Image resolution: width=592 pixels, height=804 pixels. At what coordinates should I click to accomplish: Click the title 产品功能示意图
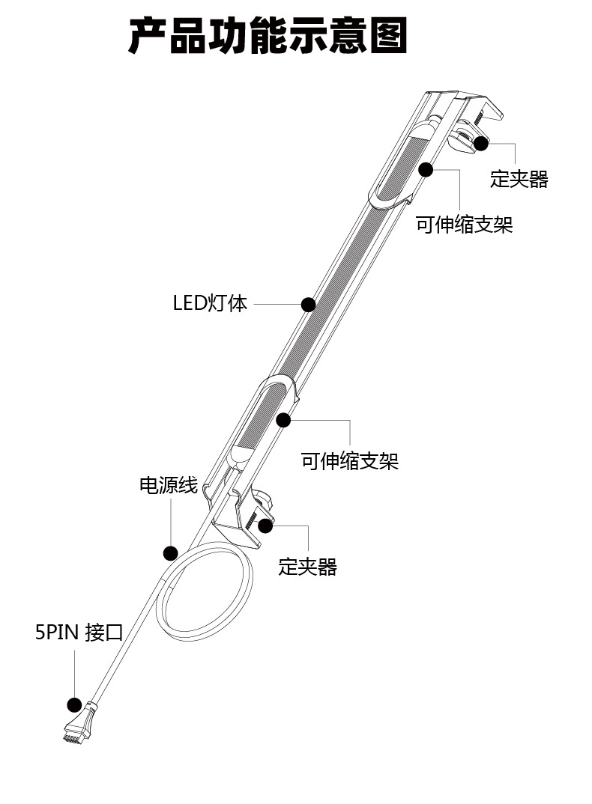pyautogui.click(x=268, y=37)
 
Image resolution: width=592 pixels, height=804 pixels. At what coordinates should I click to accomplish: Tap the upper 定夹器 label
pyautogui.click(x=519, y=180)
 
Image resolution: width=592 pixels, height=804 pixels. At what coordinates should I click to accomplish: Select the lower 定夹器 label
pyautogui.click(x=307, y=567)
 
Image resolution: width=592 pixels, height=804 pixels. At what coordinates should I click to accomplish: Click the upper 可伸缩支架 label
pyautogui.click(x=465, y=225)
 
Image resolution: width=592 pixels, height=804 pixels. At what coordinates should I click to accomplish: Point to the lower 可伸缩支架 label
pyautogui.click(x=350, y=460)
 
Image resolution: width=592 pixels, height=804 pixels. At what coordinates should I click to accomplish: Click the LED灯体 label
pyautogui.click(x=210, y=304)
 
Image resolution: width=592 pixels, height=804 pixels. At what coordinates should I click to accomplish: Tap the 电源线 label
pyautogui.click(x=169, y=486)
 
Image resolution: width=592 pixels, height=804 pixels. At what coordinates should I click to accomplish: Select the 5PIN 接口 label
pyautogui.click(x=79, y=633)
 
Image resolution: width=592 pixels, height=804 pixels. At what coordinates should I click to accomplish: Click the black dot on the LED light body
pyautogui.click(x=307, y=305)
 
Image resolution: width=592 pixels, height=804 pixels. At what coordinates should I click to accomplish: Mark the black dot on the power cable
pyautogui.click(x=170, y=553)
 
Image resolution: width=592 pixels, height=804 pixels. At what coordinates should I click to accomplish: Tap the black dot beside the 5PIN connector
pyautogui.click(x=74, y=704)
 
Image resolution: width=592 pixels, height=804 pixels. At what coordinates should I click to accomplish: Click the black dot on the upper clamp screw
pyautogui.click(x=481, y=143)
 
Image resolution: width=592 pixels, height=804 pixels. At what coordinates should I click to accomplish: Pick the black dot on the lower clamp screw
pyautogui.click(x=265, y=525)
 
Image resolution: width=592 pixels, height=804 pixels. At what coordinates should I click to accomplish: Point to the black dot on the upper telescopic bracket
pyautogui.click(x=426, y=170)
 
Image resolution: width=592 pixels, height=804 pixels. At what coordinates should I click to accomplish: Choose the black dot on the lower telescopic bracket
pyautogui.click(x=283, y=420)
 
